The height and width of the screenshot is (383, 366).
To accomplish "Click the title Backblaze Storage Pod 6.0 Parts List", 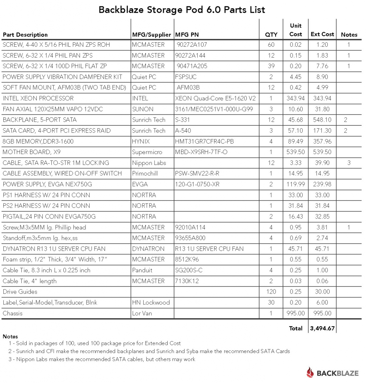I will (182, 10).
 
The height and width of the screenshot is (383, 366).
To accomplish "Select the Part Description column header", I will (25, 35).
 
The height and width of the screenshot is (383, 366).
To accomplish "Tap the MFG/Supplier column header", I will (151, 35).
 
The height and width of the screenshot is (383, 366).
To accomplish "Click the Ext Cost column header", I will (322, 34).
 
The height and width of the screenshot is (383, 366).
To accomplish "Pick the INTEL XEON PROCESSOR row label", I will (38, 98).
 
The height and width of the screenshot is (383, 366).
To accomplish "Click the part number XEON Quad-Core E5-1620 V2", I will (215, 98).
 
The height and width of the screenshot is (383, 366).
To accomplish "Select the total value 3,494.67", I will (322, 328).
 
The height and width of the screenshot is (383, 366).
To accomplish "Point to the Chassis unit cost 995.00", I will (295, 313).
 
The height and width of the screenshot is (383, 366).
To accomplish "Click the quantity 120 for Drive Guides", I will (271, 292).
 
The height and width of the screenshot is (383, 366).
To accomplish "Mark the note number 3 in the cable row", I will (349, 163).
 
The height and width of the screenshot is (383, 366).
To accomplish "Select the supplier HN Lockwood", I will (151, 303).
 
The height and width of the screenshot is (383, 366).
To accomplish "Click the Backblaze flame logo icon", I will (310, 372).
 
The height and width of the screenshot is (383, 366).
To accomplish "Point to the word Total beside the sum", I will (295, 328).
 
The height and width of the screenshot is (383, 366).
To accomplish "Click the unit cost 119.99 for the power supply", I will (295, 184).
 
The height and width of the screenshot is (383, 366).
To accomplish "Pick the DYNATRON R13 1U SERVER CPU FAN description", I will (54, 249).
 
